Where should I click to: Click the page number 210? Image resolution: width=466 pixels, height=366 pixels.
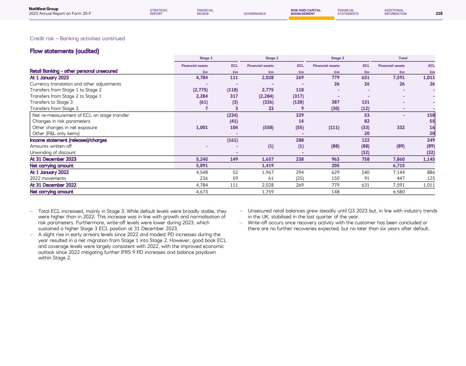click(439, 14)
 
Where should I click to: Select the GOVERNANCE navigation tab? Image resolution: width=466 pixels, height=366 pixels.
click(255, 14)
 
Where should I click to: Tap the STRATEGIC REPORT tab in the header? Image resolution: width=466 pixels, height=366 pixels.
click(159, 12)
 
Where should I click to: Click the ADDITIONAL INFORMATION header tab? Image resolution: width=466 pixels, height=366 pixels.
click(395, 12)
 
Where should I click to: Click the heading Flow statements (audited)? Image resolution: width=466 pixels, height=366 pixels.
click(64, 52)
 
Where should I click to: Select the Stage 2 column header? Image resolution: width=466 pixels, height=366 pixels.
click(272, 58)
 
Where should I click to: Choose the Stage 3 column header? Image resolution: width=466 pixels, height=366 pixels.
click(337, 58)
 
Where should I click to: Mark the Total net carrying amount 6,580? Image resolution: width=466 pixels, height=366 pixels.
click(399, 192)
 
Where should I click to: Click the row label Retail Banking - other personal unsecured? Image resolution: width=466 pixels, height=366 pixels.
click(73, 71)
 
